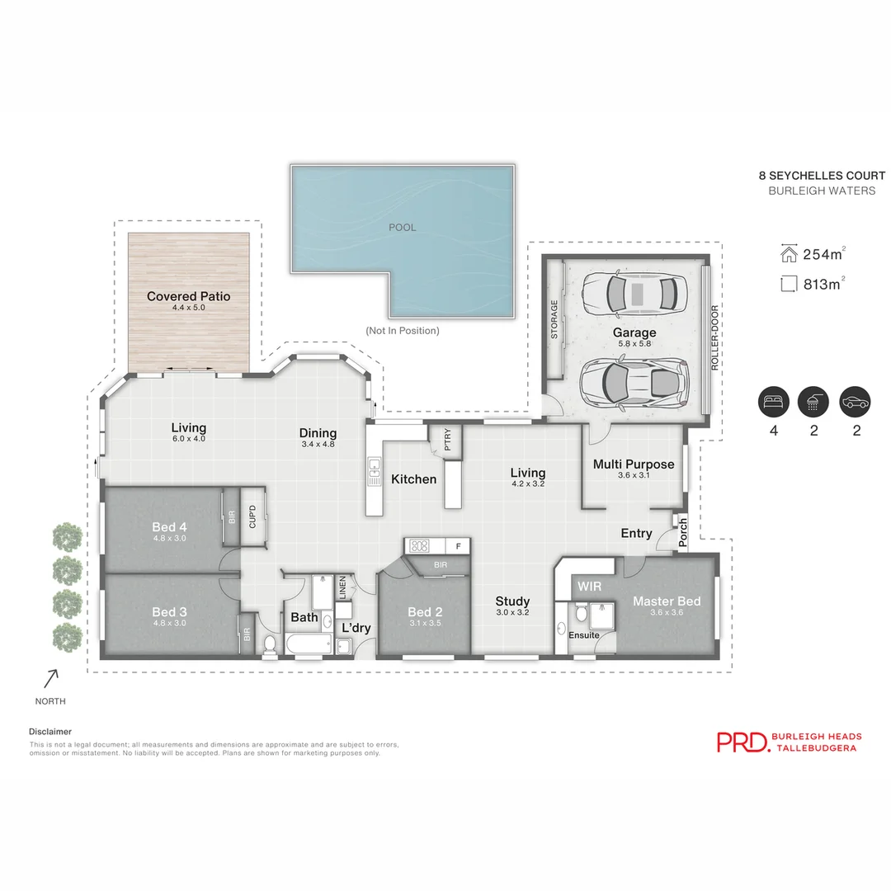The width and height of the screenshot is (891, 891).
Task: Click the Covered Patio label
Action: (x=188, y=297)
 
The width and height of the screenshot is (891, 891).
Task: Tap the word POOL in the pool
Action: (x=403, y=227)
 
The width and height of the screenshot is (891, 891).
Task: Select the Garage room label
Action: (x=634, y=333)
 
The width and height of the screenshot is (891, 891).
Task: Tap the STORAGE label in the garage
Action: (x=554, y=319)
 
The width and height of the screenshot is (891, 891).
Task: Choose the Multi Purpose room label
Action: (x=634, y=464)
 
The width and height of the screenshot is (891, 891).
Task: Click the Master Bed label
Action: (x=667, y=601)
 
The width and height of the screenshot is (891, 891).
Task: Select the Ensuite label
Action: (x=584, y=635)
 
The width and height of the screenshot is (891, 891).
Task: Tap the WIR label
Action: (x=589, y=587)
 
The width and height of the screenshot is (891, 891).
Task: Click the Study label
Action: (x=512, y=601)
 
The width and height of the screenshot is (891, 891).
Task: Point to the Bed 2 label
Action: (x=425, y=612)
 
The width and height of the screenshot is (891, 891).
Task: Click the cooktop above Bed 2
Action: (x=418, y=545)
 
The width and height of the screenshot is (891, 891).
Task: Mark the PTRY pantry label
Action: (x=447, y=436)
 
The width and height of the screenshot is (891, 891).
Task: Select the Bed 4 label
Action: (x=169, y=527)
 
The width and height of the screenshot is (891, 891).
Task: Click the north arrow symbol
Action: (x=51, y=678)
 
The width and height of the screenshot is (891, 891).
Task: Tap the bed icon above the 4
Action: (x=774, y=402)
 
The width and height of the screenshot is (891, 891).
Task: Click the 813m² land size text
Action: (x=823, y=285)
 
